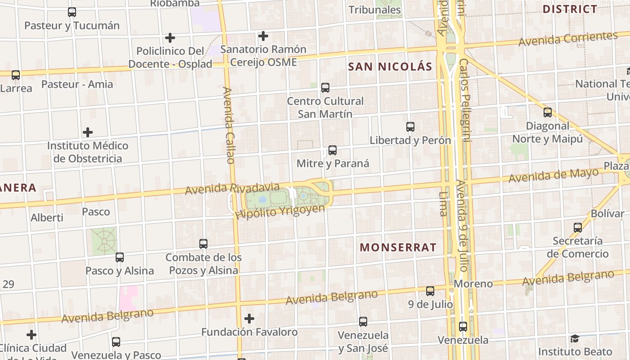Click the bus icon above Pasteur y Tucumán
72,12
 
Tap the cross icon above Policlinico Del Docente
170,38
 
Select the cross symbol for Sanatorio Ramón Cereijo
263,36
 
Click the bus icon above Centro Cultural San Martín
325,88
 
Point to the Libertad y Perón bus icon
410,127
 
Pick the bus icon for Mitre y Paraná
333,150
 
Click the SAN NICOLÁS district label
390,67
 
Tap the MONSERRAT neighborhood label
398,247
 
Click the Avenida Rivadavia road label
232,189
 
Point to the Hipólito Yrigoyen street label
280,212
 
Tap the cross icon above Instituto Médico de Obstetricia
88,132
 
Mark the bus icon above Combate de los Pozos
203,244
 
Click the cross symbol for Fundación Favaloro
249,319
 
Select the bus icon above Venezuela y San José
363,322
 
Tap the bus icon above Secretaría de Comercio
578,228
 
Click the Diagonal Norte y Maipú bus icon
548,112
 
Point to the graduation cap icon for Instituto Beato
575,338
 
